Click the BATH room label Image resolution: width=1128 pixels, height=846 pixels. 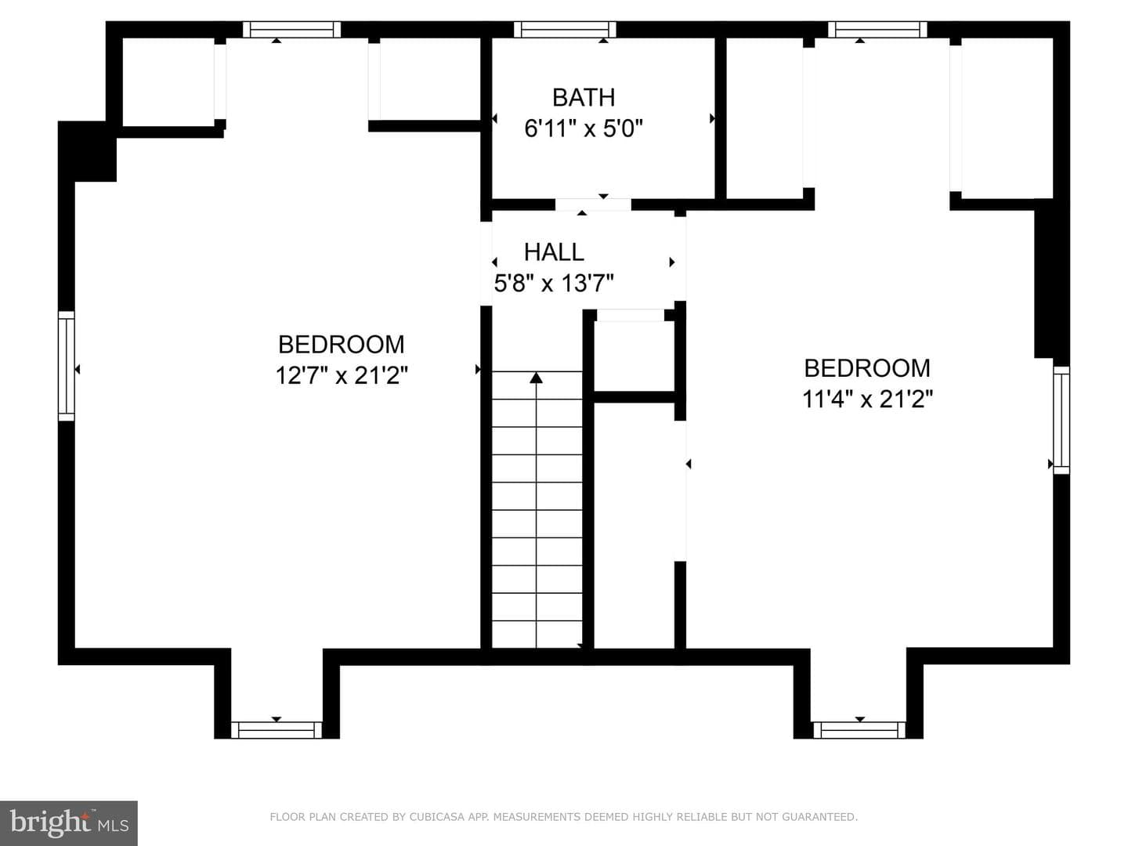584,98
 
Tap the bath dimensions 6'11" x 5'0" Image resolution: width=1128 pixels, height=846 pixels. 584,128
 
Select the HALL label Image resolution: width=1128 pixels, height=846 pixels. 554,252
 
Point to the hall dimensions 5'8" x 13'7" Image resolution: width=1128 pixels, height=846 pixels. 554,283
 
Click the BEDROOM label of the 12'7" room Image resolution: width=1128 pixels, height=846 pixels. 342,345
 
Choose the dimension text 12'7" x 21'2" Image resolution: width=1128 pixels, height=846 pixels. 342,375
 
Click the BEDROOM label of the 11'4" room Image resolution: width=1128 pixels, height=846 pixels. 867,368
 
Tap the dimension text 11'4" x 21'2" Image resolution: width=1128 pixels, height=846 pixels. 867,399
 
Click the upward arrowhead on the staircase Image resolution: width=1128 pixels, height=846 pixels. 536,378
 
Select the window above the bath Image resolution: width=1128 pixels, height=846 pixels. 565,29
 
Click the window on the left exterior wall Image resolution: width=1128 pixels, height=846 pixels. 67,366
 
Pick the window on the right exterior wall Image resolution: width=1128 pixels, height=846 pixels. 1061,420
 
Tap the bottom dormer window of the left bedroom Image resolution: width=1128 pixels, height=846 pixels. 277,730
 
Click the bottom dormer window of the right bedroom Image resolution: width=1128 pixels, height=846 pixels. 859,730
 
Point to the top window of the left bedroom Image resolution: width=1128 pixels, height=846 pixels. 291,29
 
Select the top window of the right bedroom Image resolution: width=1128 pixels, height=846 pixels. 877,29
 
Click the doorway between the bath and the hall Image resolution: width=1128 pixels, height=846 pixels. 593,204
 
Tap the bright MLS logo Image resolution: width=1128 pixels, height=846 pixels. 69,823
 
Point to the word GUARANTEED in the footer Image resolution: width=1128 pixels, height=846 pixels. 819,817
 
